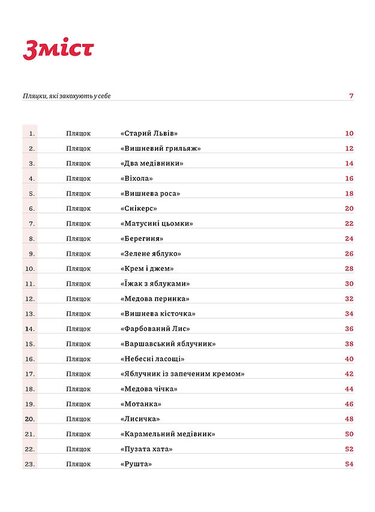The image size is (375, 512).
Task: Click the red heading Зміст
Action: tap(58, 50)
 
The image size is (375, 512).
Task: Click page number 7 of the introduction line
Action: tap(351, 96)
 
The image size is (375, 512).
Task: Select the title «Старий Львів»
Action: tap(149, 133)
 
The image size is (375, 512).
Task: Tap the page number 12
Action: tap(349, 148)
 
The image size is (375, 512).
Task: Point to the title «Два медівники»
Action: tap(152, 163)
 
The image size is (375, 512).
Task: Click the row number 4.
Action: tap(32, 178)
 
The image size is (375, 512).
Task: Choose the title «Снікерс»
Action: tap(139, 208)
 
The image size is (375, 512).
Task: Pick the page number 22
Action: tap(349, 223)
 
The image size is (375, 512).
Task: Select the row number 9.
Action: tap(32, 253)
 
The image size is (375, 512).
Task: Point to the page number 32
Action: tap(349, 298)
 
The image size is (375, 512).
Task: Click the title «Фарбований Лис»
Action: tap(155, 328)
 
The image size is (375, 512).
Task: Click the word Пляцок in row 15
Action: tap(79, 344)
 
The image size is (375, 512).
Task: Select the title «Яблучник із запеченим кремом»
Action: tap(182, 374)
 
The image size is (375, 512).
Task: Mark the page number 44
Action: tap(349, 389)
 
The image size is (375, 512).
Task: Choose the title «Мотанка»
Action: tap(141, 404)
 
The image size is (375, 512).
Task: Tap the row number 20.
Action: tap(30, 419)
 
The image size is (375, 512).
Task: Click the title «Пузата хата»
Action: tap(147, 449)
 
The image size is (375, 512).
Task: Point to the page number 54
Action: tap(349, 464)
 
